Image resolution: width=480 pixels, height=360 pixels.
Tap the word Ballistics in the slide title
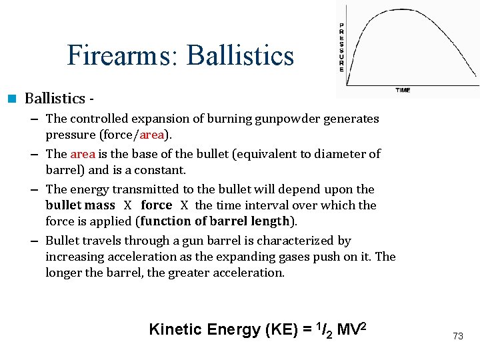[x=240, y=55]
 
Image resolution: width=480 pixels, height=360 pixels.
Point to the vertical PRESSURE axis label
[x=342, y=47]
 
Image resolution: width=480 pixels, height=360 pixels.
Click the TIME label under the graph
[x=403, y=90]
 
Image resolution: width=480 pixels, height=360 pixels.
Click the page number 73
[x=457, y=336]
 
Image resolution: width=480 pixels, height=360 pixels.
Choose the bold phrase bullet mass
[x=80, y=205]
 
